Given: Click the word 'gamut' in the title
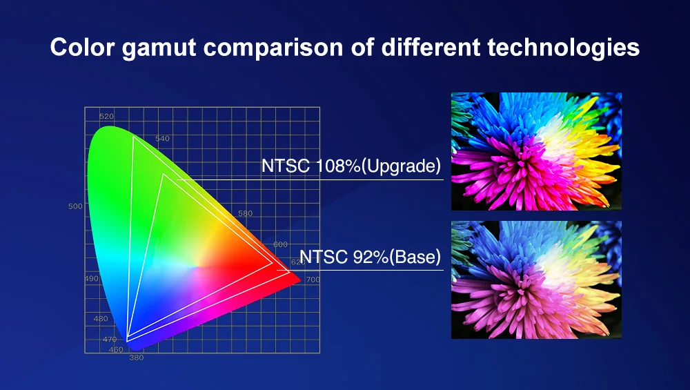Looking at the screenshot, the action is pyautogui.click(x=159, y=48).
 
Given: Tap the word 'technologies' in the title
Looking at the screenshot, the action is pyautogui.click(x=563, y=48).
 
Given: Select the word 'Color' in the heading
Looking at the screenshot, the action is pyautogui.click(x=82, y=47).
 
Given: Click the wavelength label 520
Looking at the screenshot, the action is pyautogui.click(x=106, y=117).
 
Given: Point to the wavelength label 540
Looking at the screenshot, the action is pyautogui.click(x=162, y=139).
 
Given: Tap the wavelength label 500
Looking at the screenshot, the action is pyautogui.click(x=75, y=206).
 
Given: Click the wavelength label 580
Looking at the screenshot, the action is pyautogui.click(x=246, y=213).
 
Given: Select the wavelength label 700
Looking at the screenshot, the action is pyautogui.click(x=313, y=280).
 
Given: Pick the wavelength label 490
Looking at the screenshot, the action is pyautogui.click(x=92, y=279).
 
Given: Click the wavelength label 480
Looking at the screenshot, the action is pyautogui.click(x=101, y=319).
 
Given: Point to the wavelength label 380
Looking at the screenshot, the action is pyautogui.click(x=137, y=358).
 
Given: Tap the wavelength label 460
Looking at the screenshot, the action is pyautogui.click(x=116, y=350).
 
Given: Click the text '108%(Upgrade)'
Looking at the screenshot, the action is pyautogui.click(x=378, y=166).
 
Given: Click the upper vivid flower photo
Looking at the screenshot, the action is pyautogui.click(x=536, y=151).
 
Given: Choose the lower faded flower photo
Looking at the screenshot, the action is pyautogui.click(x=536, y=280).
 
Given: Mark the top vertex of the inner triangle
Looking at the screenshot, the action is pyautogui.click(x=164, y=175).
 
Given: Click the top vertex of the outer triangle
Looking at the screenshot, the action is pyautogui.click(x=133, y=136).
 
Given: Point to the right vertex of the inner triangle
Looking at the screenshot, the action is pyautogui.click(x=273, y=263).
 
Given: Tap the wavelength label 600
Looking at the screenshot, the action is pyautogui.click(x=280, y=245).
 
